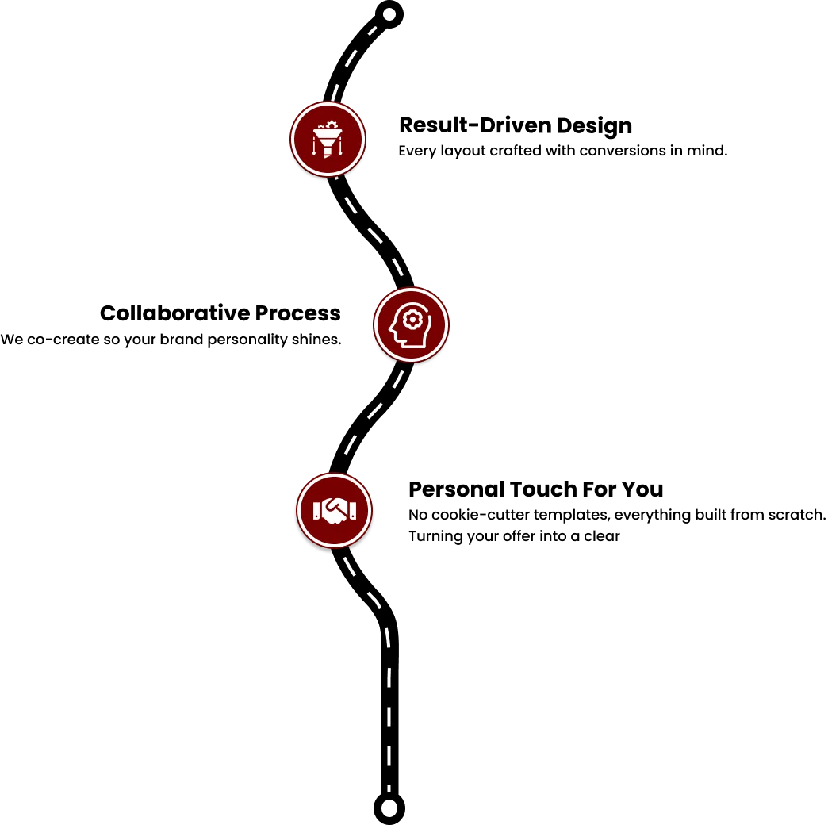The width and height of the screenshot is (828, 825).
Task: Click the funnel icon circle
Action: click(x=328, y=140)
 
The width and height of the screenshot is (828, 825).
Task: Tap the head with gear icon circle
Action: click(x=412, y=324)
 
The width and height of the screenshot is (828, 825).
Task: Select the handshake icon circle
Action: click(x=334, y=510)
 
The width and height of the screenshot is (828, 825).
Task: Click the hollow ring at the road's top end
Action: click(x=389, y=14)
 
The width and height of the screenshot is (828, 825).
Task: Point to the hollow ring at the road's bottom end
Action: click(x=389, y=808)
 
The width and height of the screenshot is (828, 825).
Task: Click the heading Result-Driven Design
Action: click(x=516, y=125)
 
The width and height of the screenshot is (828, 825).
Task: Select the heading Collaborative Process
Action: click(x=220, y=313)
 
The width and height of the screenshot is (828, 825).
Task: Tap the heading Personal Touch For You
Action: click(x=536, y=489)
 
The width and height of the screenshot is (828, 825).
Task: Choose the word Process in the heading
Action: click(x=298, y=313)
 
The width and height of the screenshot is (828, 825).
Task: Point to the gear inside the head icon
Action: click(x=412, y=319)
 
